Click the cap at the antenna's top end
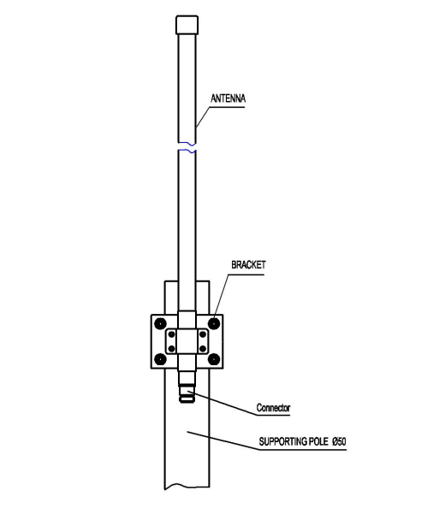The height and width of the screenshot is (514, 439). click(x=187, y=24)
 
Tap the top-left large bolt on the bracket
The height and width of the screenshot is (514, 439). click(x=161, y=324)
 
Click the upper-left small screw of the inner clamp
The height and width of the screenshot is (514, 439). click(x=173, y=334)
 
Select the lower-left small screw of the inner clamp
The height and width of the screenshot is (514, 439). click(x=173, y=349)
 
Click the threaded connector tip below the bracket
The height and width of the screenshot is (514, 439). click(x=187, y=397)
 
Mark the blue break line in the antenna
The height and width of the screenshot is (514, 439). click(x=187, y=147)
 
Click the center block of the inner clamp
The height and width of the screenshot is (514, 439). click(x=187, y=341)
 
